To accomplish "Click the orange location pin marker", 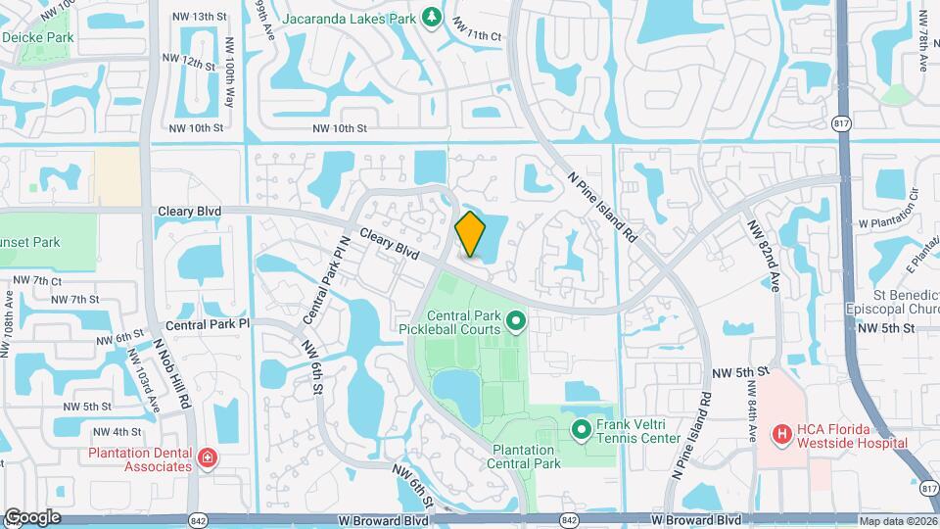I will pyautogui.click(x=471, y=234).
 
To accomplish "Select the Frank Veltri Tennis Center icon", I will pyautogui.click(x=581, y=429).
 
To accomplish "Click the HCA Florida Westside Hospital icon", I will pyautogui.click(x=781, y=432).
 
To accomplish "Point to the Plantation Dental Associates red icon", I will pyautogui.click(x=206, y=458).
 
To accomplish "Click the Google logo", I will pyautogui.click(x=31, y=517).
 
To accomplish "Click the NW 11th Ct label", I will pyautogui.click(x=482, y=36).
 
